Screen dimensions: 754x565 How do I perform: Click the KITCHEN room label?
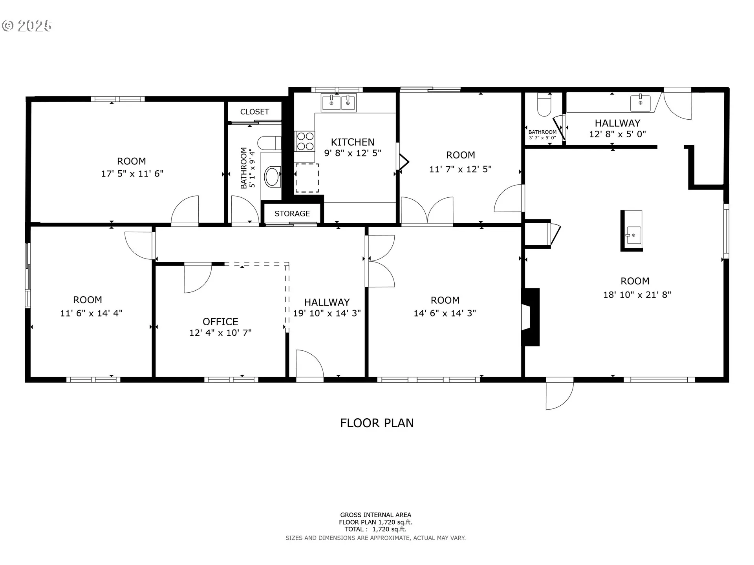(353, 142)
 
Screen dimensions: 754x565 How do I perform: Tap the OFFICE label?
(220, 322)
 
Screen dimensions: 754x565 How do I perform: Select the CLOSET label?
(254, 112)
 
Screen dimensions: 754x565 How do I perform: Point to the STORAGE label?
(292, 213)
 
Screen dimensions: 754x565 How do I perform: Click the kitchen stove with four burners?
(305, 141)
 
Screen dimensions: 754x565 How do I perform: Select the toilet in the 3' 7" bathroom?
(544, 105)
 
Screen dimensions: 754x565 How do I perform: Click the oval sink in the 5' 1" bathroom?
(273, 177)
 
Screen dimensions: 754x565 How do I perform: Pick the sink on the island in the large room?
(633, 235)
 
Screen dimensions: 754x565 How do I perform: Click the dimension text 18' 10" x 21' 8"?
(637, 295)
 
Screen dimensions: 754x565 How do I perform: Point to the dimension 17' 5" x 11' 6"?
(132, 173)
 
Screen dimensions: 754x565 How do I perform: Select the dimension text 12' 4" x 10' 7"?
(220, 333)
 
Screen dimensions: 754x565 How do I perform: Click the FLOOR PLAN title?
(377, 423)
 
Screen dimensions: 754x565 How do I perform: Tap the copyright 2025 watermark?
(27, 26)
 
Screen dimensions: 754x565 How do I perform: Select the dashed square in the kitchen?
(307, 178)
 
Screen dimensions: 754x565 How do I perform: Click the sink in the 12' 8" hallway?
(640, 103)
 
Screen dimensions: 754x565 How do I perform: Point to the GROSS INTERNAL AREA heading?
(375, 515)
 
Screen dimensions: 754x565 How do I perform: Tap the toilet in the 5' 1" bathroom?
(270, 143)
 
